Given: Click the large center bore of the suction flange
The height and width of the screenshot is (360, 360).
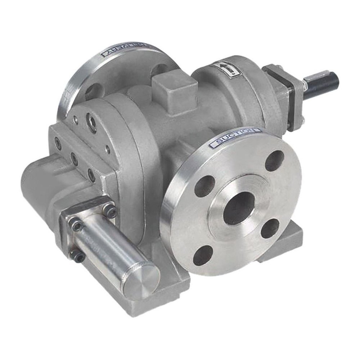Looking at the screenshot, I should (x=238, y=208).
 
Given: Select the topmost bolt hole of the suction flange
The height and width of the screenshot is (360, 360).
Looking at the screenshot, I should (x=274, y=161).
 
